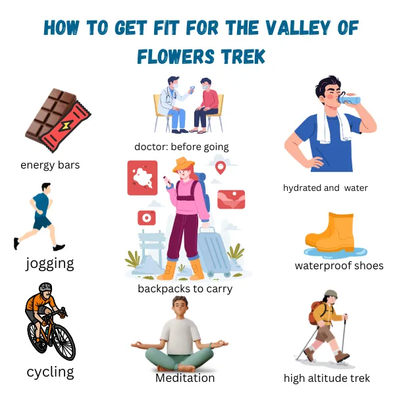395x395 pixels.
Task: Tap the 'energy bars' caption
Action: coord(50,165)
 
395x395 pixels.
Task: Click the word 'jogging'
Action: coord(49,263)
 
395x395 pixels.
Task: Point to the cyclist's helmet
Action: coord(45,288)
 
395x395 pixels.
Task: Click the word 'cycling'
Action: coord(50,371)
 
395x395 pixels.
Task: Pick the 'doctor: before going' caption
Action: coord(182,146)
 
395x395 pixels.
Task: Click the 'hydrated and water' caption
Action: coord(325,188)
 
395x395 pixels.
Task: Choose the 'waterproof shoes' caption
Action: coord(339,266)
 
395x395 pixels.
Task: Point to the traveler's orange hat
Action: coord(186,166)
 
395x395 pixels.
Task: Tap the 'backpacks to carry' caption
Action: coord(185,288)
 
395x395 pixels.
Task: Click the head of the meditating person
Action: coord(180,306)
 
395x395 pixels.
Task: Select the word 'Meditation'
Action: coord(185,378)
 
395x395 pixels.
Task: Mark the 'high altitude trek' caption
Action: coord(327,378)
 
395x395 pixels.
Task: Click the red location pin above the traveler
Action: coord(221,168)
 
